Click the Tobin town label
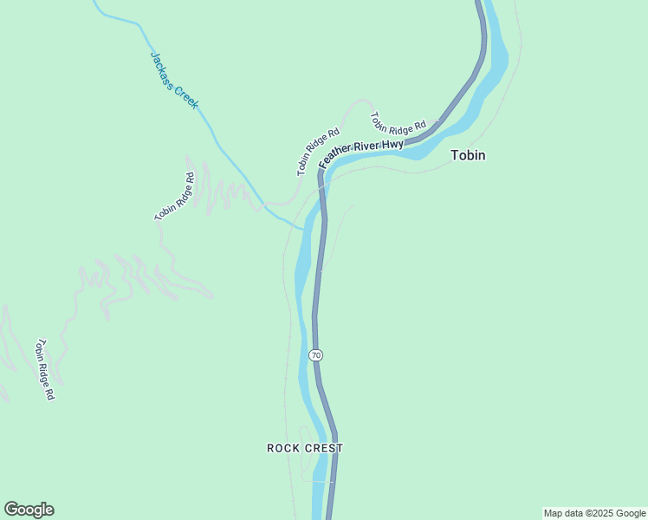coord(468,156)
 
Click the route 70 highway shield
coord(315,355)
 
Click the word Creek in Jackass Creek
coord(187,97)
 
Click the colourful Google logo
coord(29,510)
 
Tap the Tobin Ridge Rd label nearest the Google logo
coord(44,369)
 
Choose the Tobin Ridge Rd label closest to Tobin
coord(398,121)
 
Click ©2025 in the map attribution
coord(599,513)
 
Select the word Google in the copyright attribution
coord(630,513)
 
